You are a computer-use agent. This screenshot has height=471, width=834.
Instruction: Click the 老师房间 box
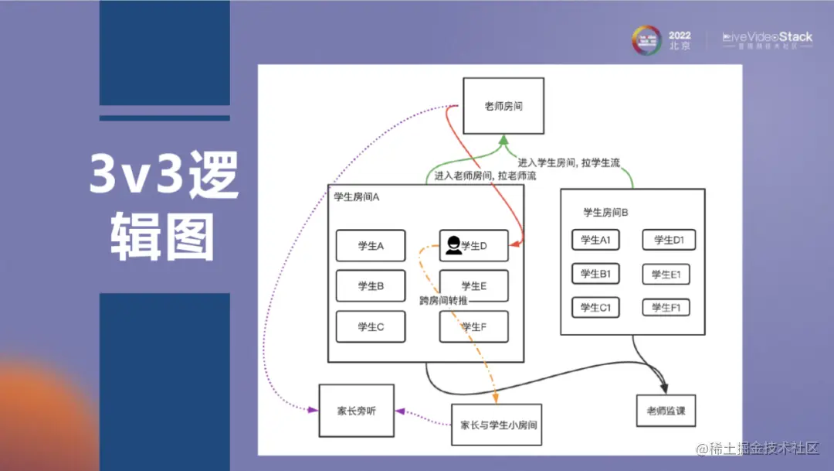click(x=503, y=106)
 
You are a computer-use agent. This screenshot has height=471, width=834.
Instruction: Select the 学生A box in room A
click(x=371, y=246)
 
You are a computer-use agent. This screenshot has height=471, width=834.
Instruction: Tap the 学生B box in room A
click(x=371, y=285)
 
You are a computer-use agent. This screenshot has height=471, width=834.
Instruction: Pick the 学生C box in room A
click(x=371, y=326)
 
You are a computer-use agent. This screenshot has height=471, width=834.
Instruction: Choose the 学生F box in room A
click(x=473, y=326)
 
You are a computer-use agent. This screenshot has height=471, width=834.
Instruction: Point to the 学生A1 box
click(x=595, y=240)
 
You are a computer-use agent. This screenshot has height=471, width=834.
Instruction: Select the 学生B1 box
click(x=595, y=274)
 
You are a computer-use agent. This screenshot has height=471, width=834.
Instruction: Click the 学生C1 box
click(x=595, y=308)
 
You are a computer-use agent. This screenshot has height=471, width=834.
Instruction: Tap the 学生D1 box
click(x=668, y=240)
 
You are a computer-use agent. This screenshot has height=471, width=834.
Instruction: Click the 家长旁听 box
click(x=356, y=411)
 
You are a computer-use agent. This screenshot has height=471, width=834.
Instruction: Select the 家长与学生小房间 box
click(x=497, y=425)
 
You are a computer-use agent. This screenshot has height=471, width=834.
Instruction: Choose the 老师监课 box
click(x=666, y=411)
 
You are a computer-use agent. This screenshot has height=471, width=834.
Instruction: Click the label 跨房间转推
click(x=444, y=300)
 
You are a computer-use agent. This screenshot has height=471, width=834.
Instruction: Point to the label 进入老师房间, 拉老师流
click(x=474, y=176)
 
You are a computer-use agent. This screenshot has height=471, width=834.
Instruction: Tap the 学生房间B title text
click(x=605, y=212)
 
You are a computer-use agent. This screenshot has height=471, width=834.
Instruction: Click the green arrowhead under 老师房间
click(x=503, y=141)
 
